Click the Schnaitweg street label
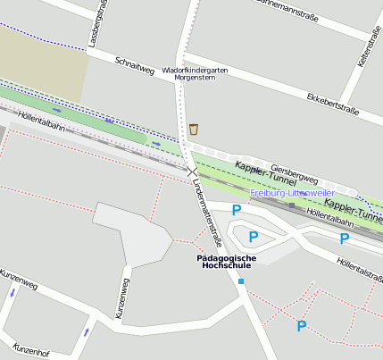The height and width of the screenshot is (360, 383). pyautogui.click(x=135, y=64)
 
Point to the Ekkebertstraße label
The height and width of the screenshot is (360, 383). pyautogui.click(x=332, y=103)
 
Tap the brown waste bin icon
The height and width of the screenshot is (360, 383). pyautogui.click(x=194, y=130)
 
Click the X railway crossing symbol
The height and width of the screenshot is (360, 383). pyautogui.click(x=192, y=170)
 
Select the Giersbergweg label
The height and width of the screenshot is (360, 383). pyautogui.click(x=293, y=170)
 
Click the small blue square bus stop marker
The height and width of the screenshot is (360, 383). pyautogui.click(x=240, y=281)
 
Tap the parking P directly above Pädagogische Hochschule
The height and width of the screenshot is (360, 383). pyautogui.click(x=253, y=238)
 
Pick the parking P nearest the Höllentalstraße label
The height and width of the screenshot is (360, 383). pyautogui.click(x=344, y=239)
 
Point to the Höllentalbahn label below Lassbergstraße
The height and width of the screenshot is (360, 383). pyautogui.click(x=41, y=119)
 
